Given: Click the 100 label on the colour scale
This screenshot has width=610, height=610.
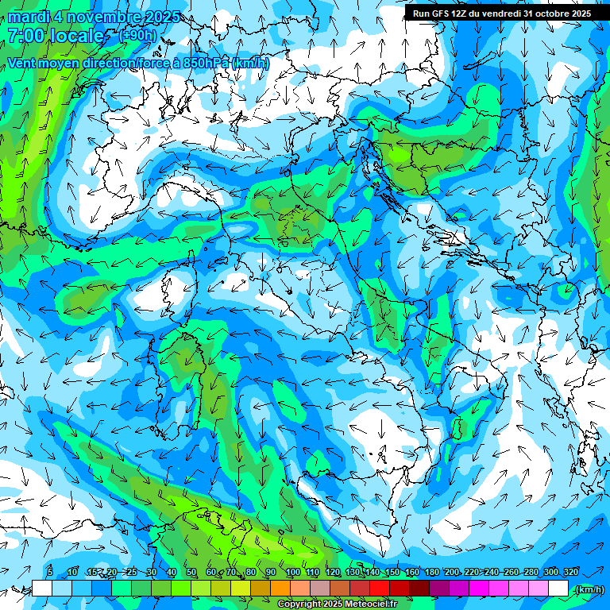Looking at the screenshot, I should point(292,572).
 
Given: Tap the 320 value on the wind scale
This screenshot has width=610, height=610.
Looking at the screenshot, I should point(570,572).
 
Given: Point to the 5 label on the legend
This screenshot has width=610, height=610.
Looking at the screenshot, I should point(50,572).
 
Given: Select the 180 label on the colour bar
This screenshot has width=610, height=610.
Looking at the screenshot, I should point(431,572).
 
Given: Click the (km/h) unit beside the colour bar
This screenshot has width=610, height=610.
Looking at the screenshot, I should point(589,589).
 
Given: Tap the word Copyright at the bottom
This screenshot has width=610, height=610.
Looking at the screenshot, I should point(297,604).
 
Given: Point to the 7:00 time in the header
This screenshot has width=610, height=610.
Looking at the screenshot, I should point(25,36).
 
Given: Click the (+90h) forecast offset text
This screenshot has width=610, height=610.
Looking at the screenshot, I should point(137,36).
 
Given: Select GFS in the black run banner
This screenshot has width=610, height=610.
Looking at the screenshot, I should point(441,14).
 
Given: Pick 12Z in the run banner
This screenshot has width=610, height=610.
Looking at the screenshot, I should point(462,14).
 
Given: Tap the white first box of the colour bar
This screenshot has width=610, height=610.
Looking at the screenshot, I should point(42,589).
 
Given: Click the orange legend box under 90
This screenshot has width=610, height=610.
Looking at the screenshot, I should point(280,589).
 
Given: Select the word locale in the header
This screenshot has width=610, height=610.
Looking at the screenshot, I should point(79,36).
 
